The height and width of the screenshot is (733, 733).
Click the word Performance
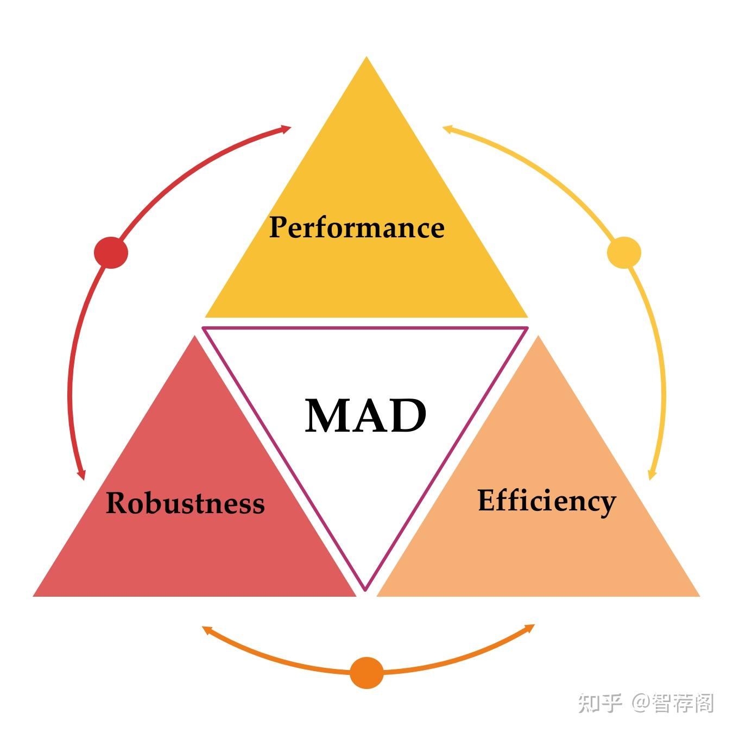357,228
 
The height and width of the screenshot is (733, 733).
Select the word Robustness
185,503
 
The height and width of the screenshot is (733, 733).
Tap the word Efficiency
547,502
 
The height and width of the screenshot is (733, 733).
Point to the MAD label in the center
365,415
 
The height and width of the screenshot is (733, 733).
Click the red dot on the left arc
111,252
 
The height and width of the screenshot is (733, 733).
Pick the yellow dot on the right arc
624,252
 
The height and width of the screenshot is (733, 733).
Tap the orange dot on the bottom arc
366,673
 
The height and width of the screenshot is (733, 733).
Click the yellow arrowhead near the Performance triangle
448,129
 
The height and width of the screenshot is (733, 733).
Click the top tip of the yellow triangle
366,56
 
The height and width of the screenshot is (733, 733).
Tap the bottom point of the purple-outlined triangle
365,591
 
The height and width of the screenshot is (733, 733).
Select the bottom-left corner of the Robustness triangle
33,596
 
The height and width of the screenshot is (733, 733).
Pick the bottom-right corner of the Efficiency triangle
700,596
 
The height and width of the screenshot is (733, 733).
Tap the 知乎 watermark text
600,703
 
